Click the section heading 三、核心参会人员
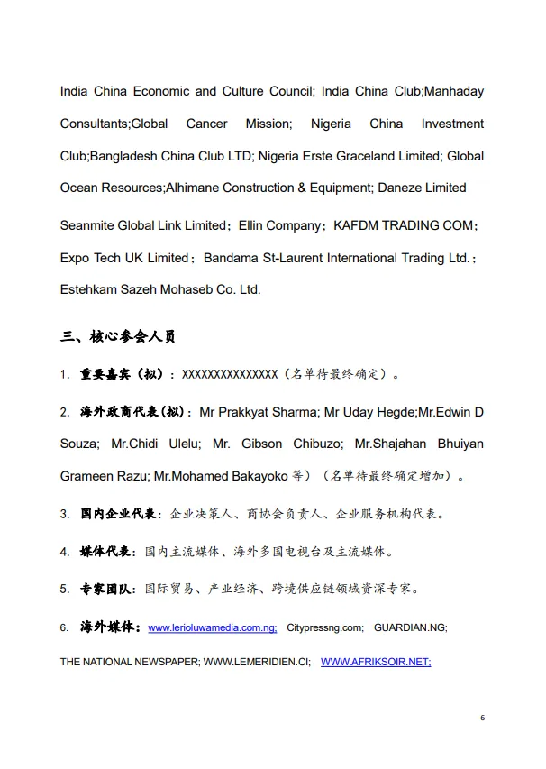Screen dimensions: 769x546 [117, 337]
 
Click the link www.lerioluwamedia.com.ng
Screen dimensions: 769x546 [212, 627]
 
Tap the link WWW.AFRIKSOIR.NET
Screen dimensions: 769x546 [375, 662]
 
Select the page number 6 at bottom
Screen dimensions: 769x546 [483, 718]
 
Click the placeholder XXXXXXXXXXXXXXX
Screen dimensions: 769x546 [230, 373]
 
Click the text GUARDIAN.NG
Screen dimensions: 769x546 [410, 627]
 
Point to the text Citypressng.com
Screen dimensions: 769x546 [325, 627]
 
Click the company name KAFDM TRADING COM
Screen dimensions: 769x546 [404, 225]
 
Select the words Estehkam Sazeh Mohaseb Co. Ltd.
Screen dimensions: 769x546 [160, 289]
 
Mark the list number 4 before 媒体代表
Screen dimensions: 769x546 [65, 552]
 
